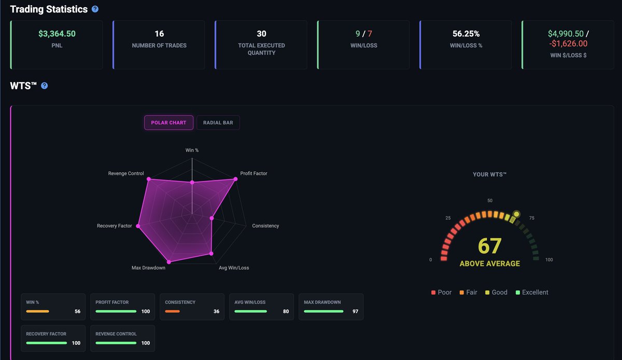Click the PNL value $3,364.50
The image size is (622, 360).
[57, 34]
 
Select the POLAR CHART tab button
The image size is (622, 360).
[169, 123]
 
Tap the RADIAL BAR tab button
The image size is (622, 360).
[218, 123]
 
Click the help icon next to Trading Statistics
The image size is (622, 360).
[95, 9]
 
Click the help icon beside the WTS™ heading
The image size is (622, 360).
[45, 86]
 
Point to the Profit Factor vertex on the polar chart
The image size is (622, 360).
[235, 179]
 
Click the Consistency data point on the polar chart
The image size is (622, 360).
[211, 218]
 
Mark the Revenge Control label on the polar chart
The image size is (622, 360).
[126, 173]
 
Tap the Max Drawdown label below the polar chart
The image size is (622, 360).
[148, 268]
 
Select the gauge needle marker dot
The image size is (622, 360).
[516, 213]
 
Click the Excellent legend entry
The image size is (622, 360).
[532, 293]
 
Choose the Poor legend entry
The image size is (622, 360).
[441, 293]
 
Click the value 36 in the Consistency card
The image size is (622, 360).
[216, 312]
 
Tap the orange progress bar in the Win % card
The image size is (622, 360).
[37, 312]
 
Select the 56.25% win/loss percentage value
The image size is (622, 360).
[465, 34]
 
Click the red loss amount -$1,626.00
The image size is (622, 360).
[568, 44]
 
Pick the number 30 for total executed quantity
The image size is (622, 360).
[261, 34]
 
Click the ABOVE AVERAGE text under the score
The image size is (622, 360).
[489, 264]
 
